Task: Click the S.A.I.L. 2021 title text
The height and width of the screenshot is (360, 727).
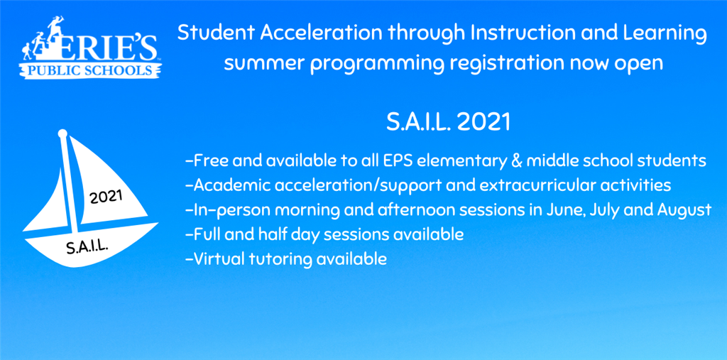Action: [449, 122]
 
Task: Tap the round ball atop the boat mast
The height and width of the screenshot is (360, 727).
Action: [62, 134]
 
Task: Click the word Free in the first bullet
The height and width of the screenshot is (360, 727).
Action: [209, 161]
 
